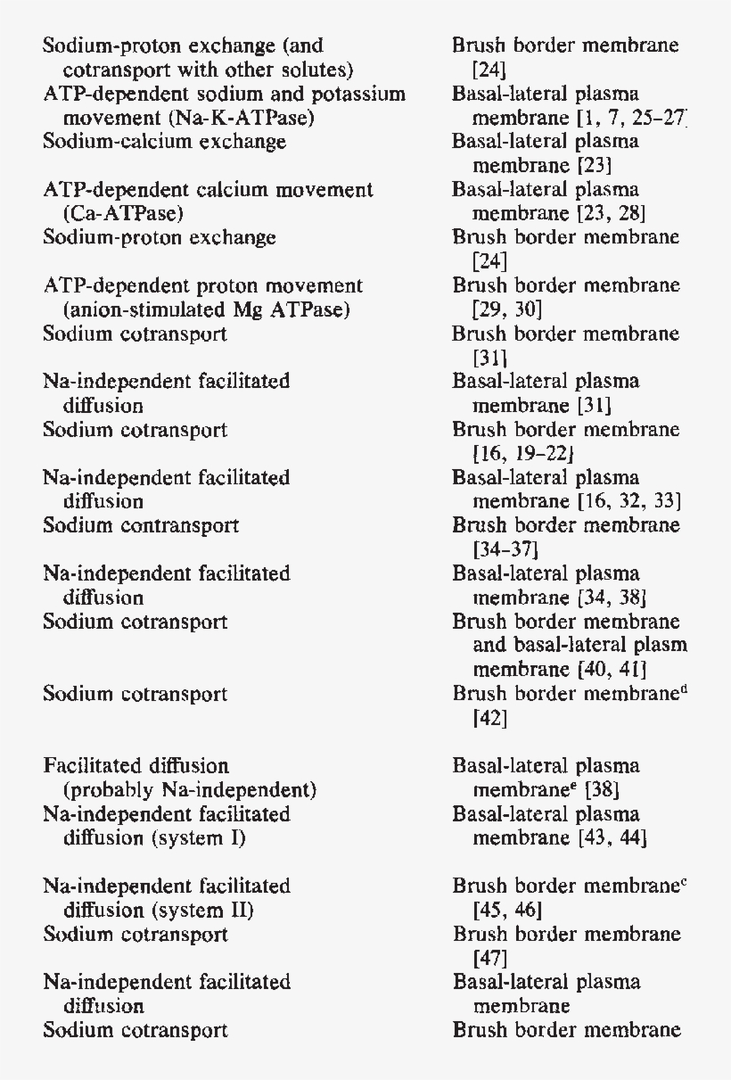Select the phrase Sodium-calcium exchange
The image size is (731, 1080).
coord(165,142)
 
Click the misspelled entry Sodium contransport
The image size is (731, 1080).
coord(141,526)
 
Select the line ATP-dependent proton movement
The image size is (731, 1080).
coord(203,286)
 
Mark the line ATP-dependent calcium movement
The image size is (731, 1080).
coord(208,190)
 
